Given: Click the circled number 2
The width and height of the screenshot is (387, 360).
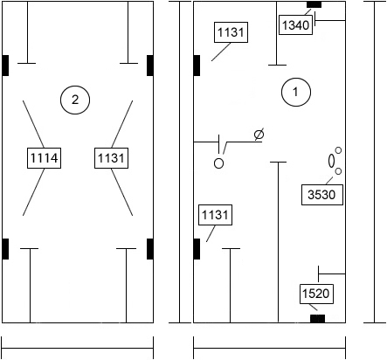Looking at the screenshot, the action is click(75, 100).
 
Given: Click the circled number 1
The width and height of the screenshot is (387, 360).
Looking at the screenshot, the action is click(296, 92).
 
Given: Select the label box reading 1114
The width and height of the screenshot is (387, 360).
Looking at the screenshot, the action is click(44, 158).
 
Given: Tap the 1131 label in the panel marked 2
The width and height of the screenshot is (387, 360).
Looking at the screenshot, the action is click(111, 158).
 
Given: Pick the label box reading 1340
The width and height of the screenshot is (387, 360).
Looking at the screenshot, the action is click(295, 24).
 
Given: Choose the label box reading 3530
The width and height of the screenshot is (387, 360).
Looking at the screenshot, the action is click(322, 195).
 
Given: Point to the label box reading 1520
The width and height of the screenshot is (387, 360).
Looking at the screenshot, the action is click(316, 294).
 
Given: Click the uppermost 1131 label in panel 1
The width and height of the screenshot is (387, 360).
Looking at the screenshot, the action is click(231, 32).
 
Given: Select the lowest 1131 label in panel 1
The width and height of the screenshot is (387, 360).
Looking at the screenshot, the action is click(215, 215).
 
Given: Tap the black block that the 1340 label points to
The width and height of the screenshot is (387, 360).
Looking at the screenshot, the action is click(314, 4).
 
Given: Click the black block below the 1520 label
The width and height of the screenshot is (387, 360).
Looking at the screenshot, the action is click(317, 319).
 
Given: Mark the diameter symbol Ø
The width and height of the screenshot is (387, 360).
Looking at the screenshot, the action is click(259, 135).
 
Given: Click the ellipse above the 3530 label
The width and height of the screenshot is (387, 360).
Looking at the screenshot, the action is click(331, 161).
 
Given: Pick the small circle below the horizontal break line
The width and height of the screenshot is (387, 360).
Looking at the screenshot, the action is click(218, 163).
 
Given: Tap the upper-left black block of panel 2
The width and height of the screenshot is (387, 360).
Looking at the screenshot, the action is click(5, 66).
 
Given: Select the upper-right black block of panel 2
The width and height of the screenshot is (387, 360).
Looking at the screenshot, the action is click(150, 66).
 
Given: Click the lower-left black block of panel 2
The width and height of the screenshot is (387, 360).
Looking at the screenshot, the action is click(5, 249).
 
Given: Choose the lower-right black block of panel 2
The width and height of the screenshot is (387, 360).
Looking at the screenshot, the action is click(150, 249).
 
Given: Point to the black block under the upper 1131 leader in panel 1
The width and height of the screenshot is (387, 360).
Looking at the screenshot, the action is click(197, 66).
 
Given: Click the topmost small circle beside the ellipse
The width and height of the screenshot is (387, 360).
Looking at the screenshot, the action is click(338, 150).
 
